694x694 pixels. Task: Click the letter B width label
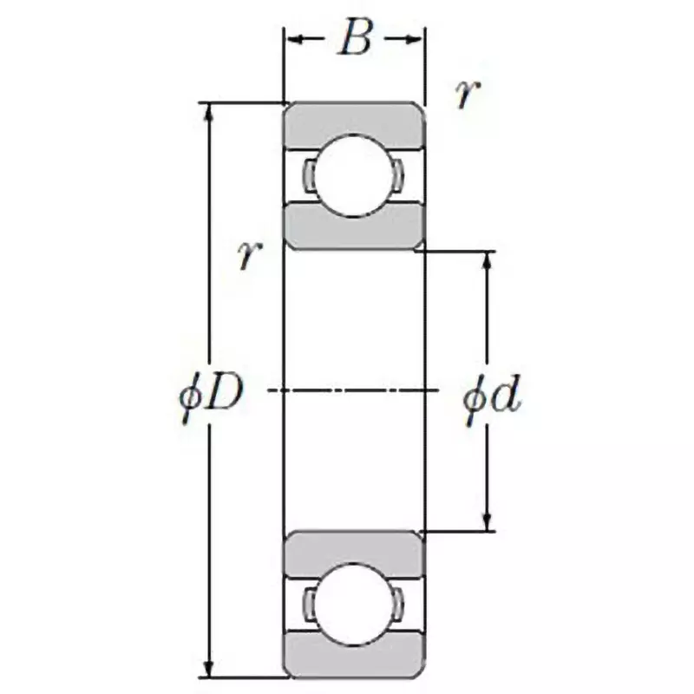(354, 39)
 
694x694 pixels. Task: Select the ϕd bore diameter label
(492, 400)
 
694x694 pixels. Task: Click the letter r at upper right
(468, 95)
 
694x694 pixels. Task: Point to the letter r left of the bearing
(249, 255)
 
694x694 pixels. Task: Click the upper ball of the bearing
(354, 175)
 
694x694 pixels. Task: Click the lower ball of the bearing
(354, 605)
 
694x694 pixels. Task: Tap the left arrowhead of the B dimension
(293, 39)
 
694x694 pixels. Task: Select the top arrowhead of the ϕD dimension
(208, 111)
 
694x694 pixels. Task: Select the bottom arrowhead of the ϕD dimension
(208, 669)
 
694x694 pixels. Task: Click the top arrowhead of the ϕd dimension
(487, 261)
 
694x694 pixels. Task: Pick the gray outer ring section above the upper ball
(354, 120)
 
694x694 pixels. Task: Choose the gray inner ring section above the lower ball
(354, 549)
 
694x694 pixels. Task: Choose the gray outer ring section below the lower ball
(354, 659)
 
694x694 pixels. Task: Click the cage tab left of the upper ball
(309, 175)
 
